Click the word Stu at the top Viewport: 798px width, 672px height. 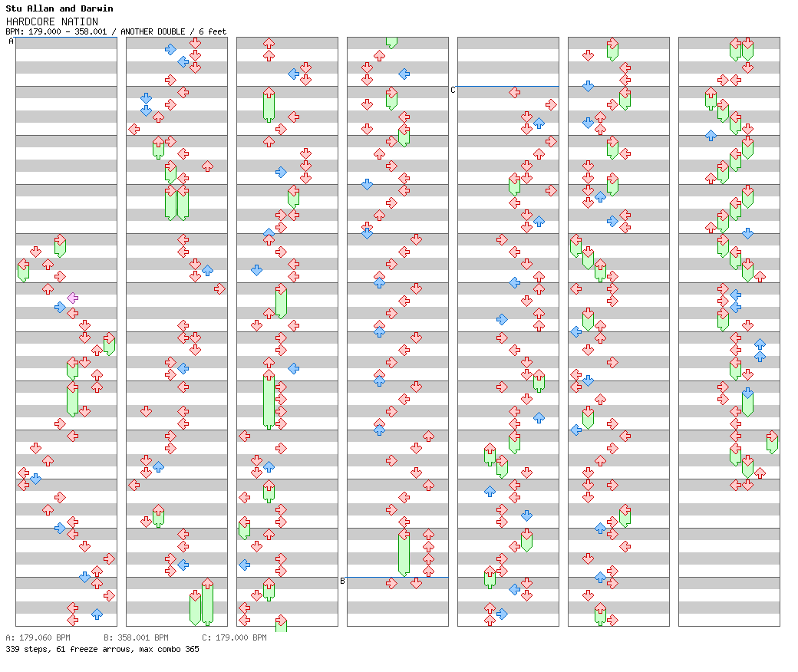[x=14, y=8]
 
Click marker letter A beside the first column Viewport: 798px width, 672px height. [x=11, y=41]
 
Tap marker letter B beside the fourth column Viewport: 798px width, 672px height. [x=342, y=581]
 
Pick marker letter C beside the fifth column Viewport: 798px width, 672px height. [x=453, y=90]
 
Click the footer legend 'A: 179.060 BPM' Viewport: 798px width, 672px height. [x=38, y=637]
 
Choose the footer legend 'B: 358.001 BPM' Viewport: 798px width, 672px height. [x=136, y=637]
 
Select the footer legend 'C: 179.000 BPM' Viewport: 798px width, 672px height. [x=234, y=637]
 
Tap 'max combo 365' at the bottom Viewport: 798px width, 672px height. [x=169, y=649]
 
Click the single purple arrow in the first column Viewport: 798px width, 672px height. [x=73, y=298]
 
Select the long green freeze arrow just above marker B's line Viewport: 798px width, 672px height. [x=404, y=552]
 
